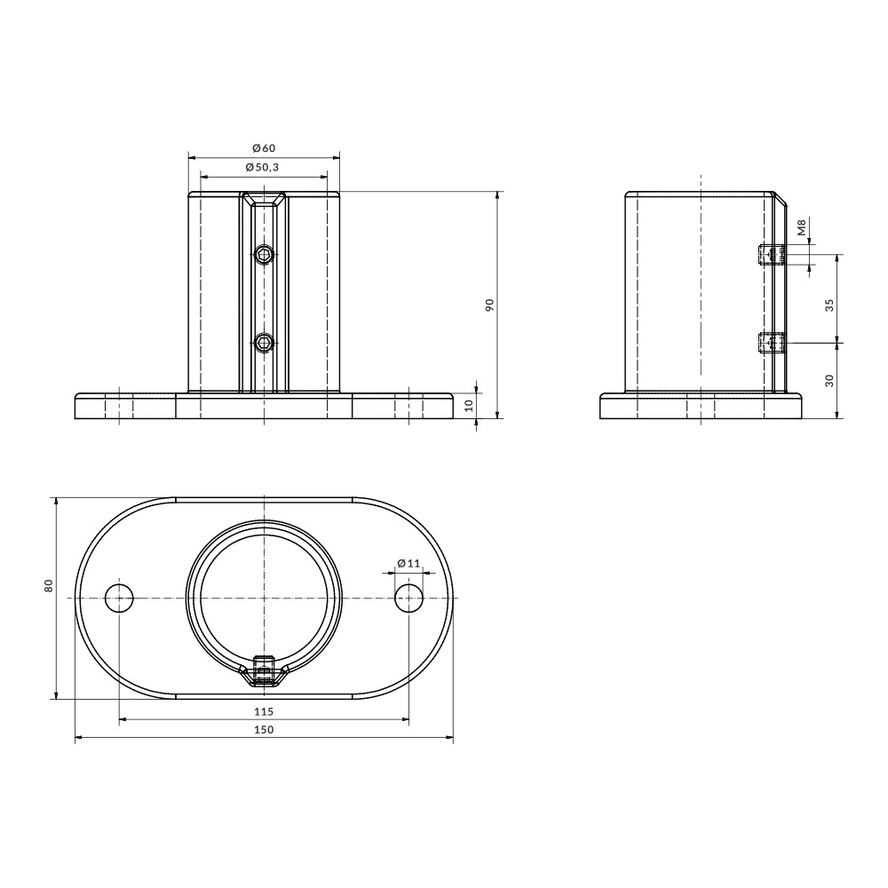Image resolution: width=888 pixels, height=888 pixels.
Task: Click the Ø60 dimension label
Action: click(x=264, y=147)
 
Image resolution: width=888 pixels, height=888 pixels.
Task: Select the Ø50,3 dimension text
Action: click(x=262, y=167)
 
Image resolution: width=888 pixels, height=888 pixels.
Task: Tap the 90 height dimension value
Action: click(x=490, y=305)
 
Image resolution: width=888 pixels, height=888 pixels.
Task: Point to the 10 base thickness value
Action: click(x=468, y=406)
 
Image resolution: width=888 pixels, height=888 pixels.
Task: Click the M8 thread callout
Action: click(x=802, y=228)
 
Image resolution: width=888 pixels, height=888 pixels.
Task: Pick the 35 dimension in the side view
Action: click(x=829, y=305)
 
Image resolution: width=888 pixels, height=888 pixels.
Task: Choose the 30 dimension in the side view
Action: click(x=829, y=380)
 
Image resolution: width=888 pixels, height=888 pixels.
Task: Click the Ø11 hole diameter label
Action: click(x=408, y=563)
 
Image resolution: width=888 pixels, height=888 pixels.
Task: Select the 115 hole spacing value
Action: click(x=264, y=711)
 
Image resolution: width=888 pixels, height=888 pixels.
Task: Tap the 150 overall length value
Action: click(x=264, y=729)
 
